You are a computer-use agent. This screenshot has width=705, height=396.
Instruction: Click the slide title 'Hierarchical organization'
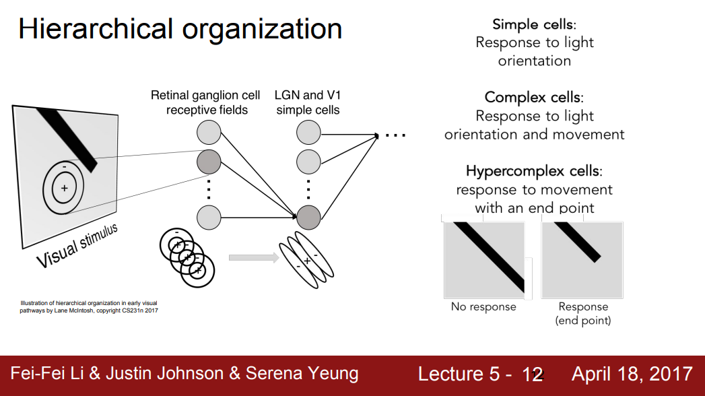180,30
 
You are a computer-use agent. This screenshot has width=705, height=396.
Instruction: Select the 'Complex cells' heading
534,98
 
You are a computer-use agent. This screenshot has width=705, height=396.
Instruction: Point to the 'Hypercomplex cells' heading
534,171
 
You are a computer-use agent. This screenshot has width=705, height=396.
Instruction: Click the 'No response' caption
483,307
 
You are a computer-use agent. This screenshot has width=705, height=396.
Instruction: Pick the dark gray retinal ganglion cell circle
209,162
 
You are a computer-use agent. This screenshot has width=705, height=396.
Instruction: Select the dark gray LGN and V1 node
308,217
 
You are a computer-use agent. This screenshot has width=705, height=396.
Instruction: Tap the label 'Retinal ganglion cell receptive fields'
205,102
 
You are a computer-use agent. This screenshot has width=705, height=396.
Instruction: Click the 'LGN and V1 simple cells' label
308,102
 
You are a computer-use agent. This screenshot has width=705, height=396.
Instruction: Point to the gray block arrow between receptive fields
253,257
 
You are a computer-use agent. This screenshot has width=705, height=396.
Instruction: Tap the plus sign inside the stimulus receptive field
64,188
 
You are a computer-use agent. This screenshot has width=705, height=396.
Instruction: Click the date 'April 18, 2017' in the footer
632,374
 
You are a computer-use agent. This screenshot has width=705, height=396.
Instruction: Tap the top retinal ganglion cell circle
209,132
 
